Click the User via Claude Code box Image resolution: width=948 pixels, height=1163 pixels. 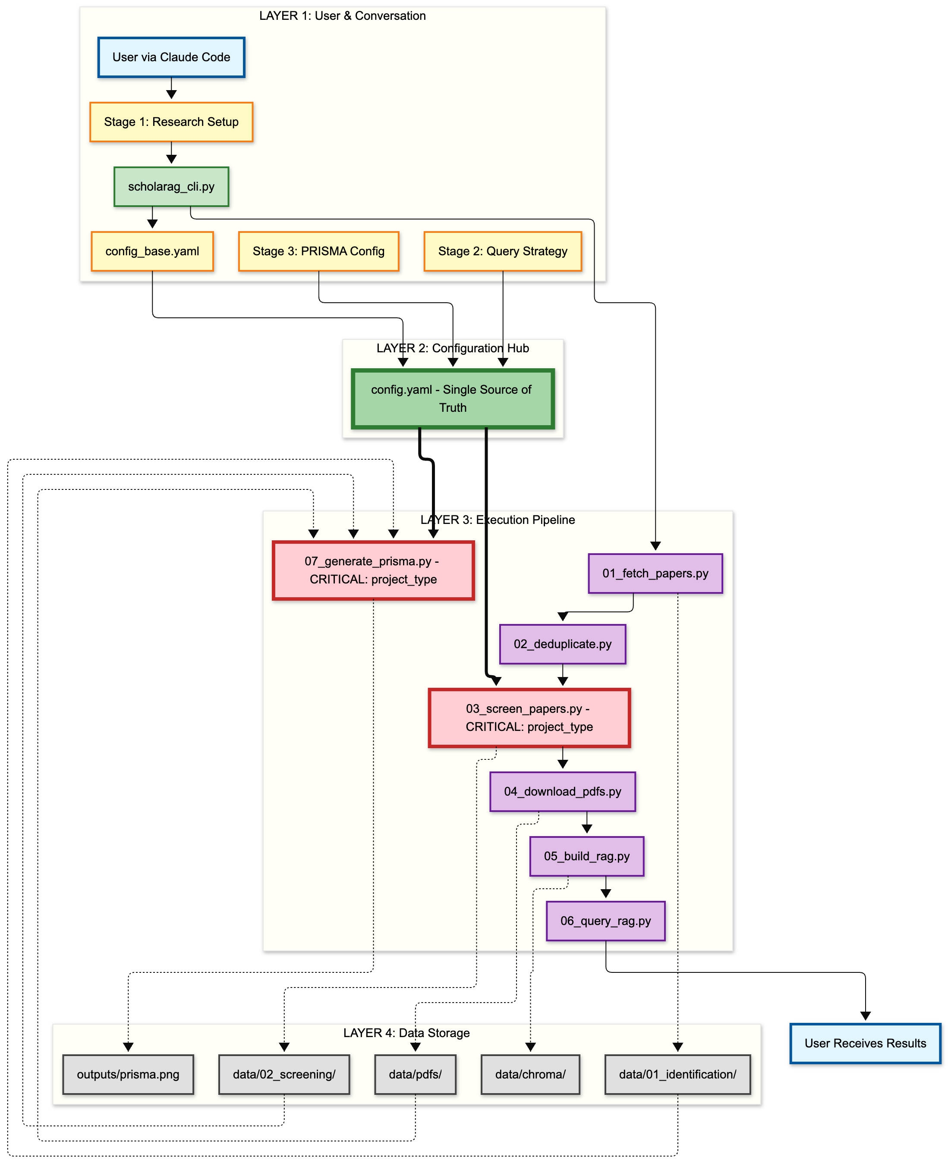(171, 57)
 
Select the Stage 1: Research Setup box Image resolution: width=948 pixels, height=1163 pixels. (171, 122)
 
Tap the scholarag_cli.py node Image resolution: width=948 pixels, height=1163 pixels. (171, 187)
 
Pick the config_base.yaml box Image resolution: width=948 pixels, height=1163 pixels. (152, 251)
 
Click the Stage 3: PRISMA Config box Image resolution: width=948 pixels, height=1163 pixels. (318, 251)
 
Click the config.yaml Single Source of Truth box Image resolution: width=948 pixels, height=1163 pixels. (452, 398)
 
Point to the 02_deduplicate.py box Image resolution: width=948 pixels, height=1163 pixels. (563, 644)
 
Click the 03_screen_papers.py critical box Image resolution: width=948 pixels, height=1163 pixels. (529, 718)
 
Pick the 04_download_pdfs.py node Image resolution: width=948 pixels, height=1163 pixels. (563, 791)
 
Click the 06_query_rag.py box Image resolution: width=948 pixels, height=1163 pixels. (605, 921)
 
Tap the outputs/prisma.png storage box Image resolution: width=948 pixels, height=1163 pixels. (128, 1074)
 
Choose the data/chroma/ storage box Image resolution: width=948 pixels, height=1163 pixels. (530, 1074)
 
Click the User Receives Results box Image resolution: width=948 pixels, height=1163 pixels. (865, 1043)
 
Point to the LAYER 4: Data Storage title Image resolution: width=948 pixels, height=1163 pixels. (406, 1033)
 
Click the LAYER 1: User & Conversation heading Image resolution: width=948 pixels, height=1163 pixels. (343, 16)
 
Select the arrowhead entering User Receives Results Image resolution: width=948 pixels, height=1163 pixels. (865, 1016)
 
